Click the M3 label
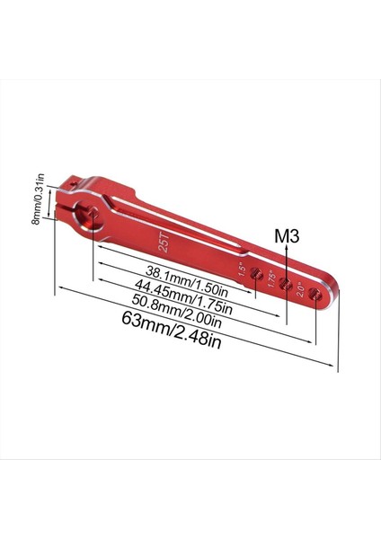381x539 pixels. [x=286, y=236]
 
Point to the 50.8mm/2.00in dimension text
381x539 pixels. [x=183, y=312]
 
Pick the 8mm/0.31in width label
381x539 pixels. [x=36, y=199]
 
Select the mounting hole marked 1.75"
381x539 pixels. [x=286, y=285]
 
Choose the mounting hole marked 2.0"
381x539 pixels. [x=315, y=294]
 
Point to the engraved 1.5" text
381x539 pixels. [x=242, y=268]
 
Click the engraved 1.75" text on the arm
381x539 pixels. [x=270, y=277]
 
